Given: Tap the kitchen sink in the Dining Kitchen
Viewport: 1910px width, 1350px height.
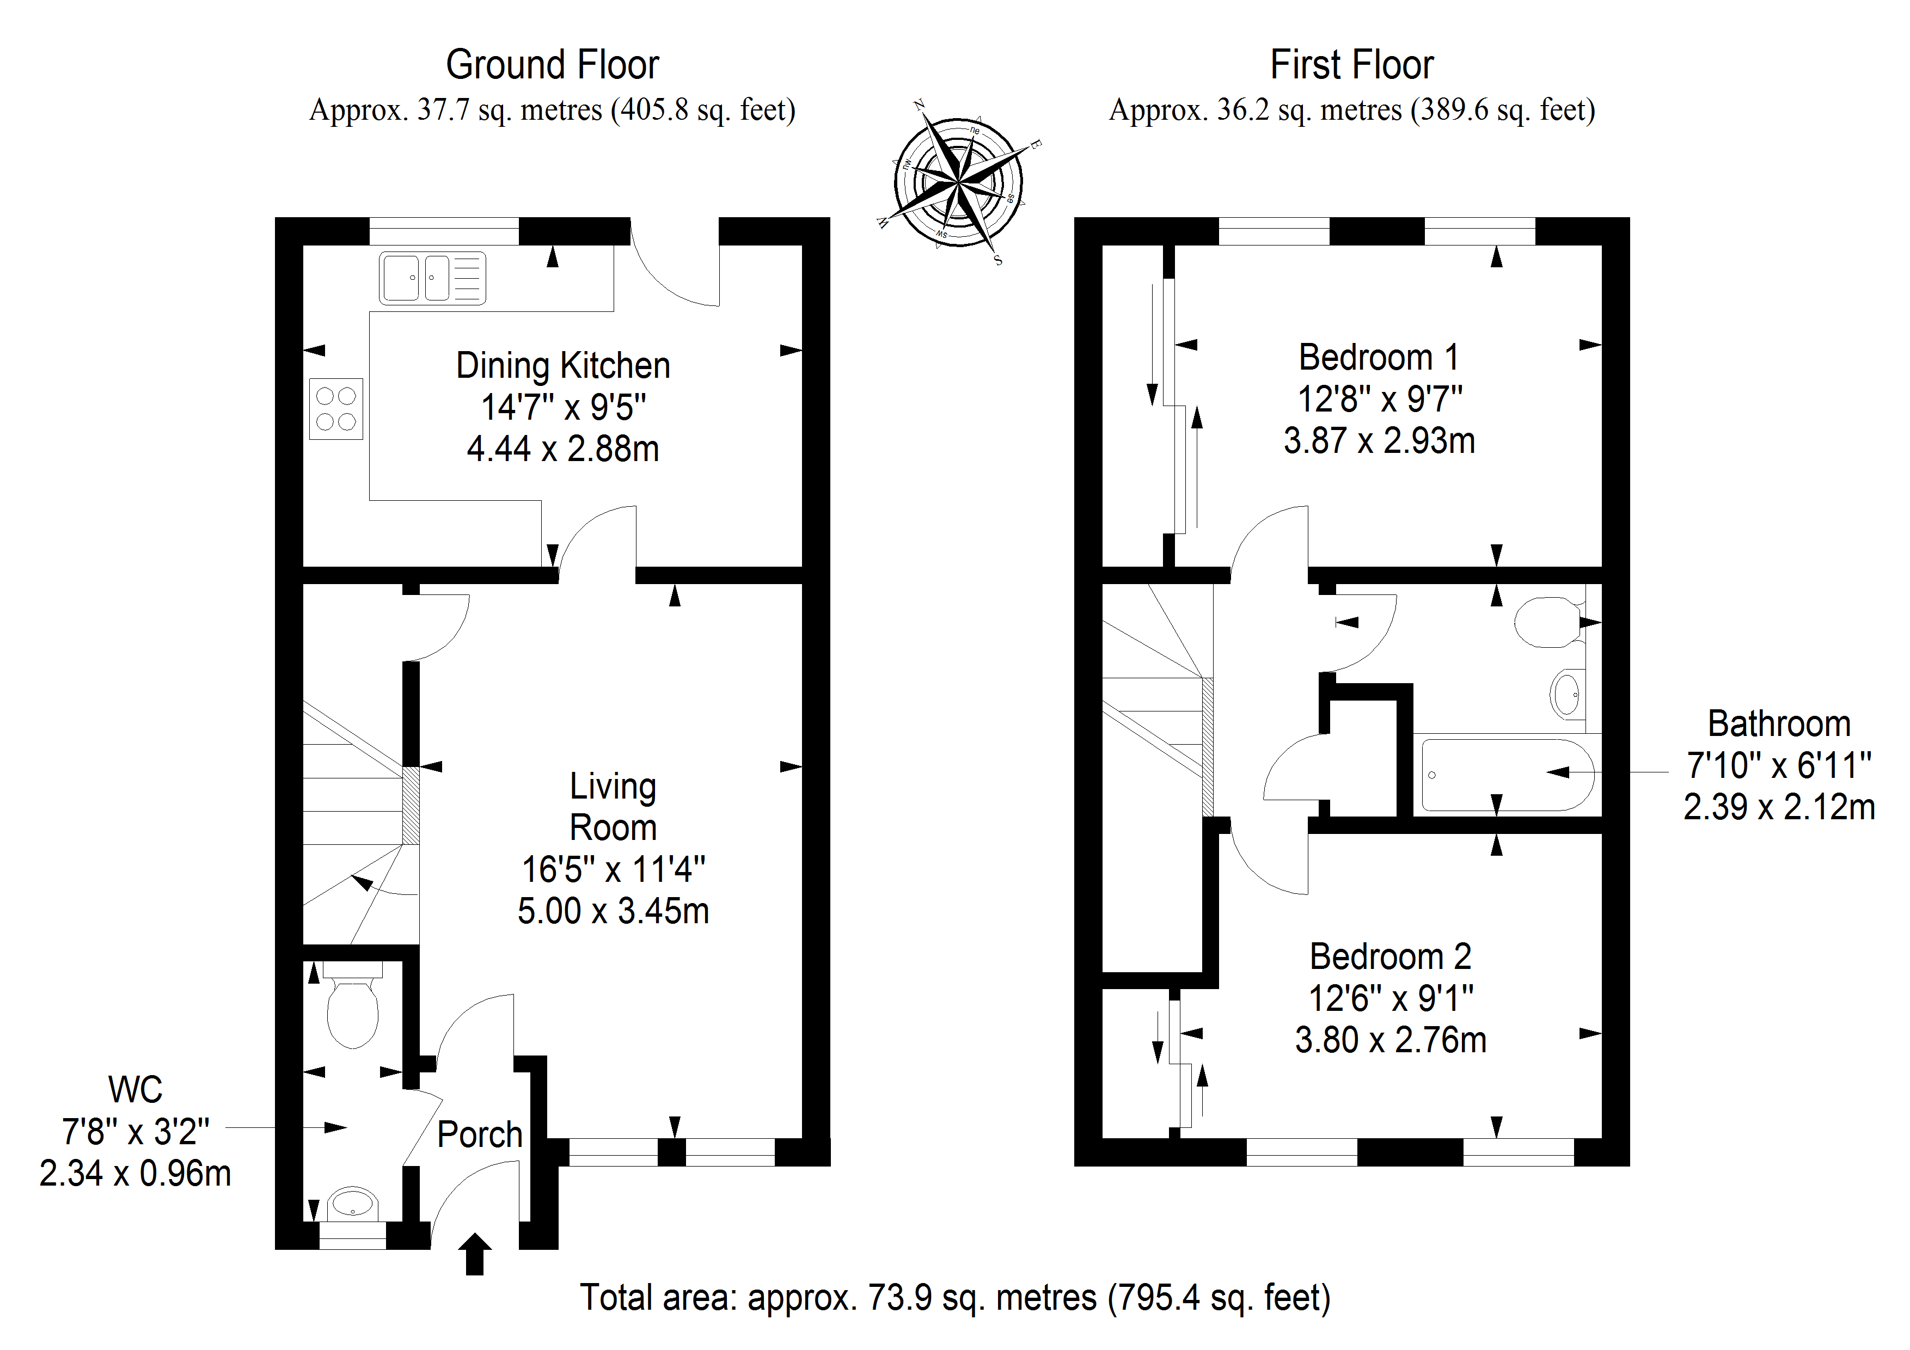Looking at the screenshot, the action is tap(432, 278).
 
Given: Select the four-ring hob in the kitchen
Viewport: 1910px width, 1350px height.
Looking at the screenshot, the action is tap(336, 408).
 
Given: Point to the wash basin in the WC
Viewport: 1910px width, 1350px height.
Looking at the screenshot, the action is tap(353, 1204).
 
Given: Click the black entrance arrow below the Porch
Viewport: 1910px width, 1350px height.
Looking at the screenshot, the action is tap(475, 1254).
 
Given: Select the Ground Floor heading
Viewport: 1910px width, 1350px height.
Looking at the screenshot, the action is tap(553, 65).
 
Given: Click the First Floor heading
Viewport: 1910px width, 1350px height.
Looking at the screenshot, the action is tap(1352, 65).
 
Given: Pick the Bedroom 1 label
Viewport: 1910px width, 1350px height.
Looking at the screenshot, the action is tap(1379, 358).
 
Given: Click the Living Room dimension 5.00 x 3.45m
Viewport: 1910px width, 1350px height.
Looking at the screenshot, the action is tap(613, 912).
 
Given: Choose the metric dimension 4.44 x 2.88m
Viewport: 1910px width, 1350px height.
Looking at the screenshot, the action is tap(563, 449).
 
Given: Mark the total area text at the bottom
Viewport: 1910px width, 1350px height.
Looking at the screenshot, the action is tap(955, 1298).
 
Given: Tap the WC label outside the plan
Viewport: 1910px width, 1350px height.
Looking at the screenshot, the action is tap(135, 1090).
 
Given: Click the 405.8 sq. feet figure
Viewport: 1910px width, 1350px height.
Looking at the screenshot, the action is tap(703, 110).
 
